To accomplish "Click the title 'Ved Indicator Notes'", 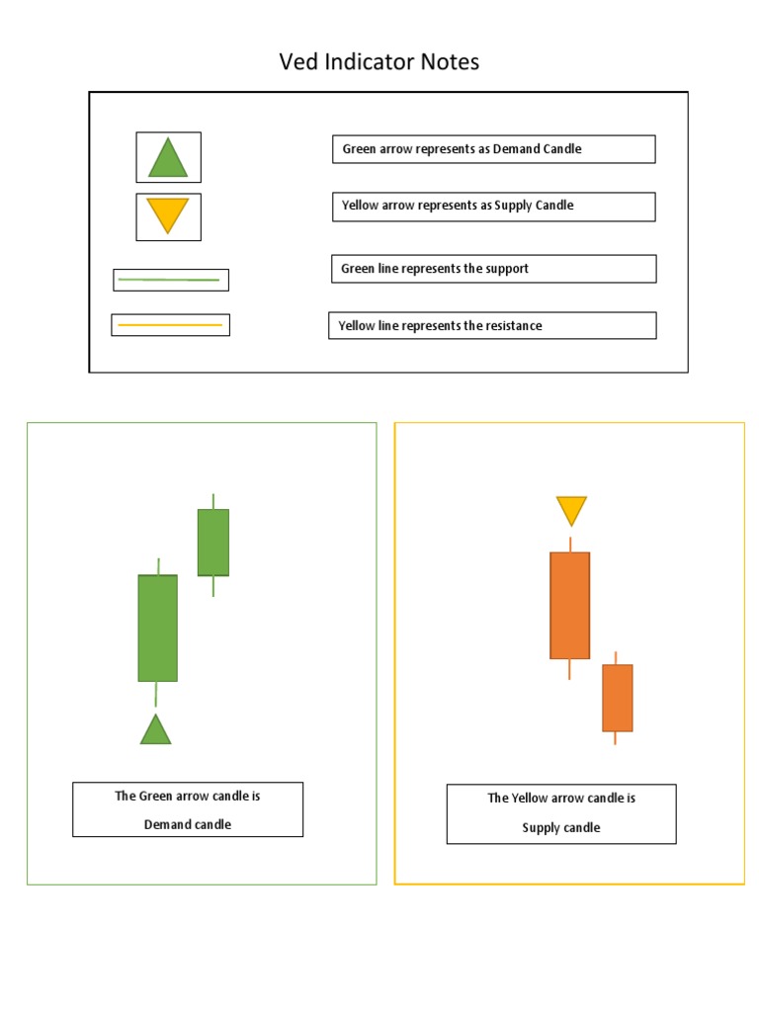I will (379, 61).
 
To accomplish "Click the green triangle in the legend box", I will (168, 158).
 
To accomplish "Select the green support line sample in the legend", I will (169, 280).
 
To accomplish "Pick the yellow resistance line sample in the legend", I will (170, 324).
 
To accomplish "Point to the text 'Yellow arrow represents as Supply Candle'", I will (458, 206).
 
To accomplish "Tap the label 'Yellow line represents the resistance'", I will (440, 325).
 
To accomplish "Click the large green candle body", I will (157, 628).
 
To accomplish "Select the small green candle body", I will (212, 542).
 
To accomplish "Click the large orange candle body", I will (569, 605).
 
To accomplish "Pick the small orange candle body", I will (617, 698).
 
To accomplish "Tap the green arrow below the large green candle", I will (155, 729).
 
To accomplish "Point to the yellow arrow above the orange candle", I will (571, 510).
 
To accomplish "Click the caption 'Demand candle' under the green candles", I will (188, 824).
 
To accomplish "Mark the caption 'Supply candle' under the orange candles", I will (561, 827).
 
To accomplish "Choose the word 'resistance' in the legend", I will (512, 325).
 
